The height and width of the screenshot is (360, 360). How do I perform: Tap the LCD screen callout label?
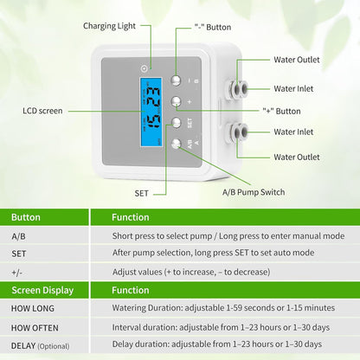[42, 111]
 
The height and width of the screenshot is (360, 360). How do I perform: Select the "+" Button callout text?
[280, 111]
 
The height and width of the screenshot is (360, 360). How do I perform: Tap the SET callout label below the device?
[142, 192]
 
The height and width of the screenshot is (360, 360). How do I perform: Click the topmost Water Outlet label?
[297, 61]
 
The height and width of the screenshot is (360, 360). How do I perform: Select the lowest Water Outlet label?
[297, 157]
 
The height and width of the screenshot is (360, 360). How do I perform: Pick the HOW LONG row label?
[32, 308]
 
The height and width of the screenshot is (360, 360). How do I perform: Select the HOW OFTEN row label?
[34, 327]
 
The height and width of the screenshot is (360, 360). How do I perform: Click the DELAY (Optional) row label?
[41, 345]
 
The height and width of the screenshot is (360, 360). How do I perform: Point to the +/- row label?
[18, 272]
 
